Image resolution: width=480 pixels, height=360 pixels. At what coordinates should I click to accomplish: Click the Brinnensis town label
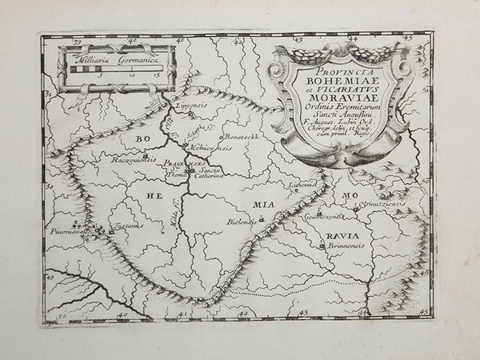(346, 246)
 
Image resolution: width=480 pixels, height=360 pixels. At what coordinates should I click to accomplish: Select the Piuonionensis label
(69, 234)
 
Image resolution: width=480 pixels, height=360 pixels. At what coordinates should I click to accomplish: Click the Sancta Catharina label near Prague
(210, 174)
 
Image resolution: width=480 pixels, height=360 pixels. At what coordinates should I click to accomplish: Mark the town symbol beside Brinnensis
(326, 246)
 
